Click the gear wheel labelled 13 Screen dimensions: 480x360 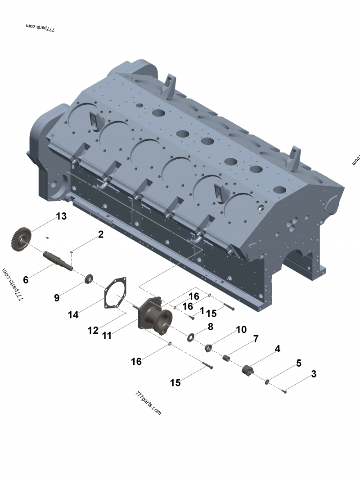(21, 239)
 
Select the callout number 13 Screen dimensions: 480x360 (61, 217)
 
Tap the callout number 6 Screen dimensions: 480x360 (26, 280)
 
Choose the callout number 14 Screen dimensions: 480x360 (73, 315)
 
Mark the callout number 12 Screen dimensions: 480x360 (93, 330)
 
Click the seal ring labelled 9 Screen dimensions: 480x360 (89, 279)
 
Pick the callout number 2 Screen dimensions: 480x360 (100, 234)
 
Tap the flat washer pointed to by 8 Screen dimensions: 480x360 (191, 336)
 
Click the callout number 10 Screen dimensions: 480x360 (241, 330)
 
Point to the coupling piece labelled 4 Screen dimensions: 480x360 (248, 370)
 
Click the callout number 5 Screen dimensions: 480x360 (298, 363)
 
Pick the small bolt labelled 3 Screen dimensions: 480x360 (284, 391)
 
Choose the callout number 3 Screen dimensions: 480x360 (313, 374)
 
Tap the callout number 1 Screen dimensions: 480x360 (202, 310)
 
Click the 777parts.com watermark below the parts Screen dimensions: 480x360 (148, 403)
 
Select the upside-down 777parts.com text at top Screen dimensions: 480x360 (40, 28)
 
